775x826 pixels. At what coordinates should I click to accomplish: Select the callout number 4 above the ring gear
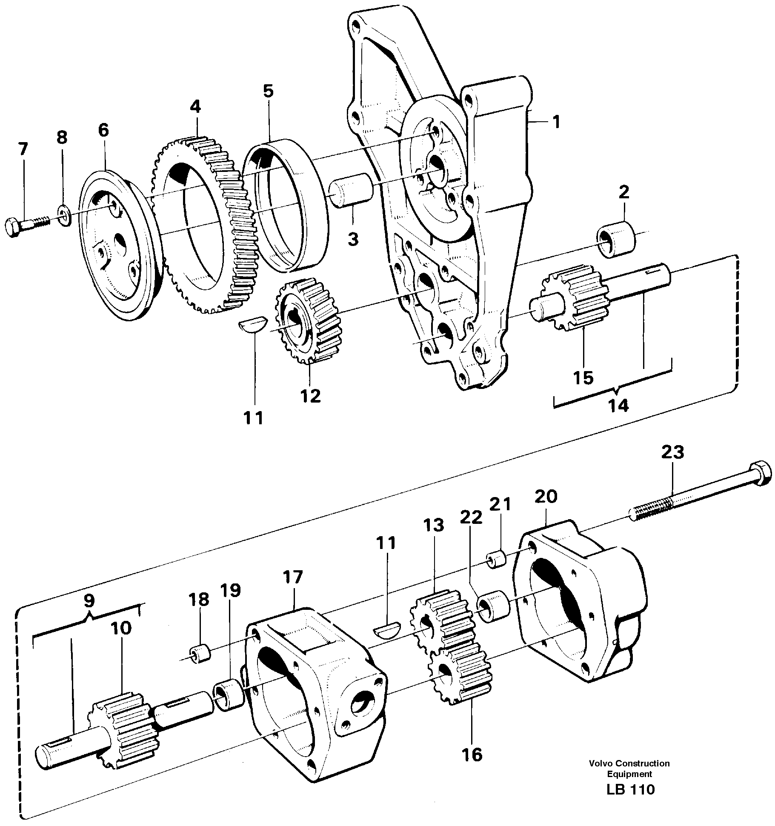click(x=195, y=106)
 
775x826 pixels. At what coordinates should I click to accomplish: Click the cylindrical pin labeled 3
click(x=351, y=191)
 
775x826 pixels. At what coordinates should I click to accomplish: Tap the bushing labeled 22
click(x=494, y=607)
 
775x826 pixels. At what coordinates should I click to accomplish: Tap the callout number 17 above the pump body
click(x=293, y=577)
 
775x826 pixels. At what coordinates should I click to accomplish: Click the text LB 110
click(x=630, y=789)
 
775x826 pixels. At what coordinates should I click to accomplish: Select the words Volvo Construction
click(x=629, y=763)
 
